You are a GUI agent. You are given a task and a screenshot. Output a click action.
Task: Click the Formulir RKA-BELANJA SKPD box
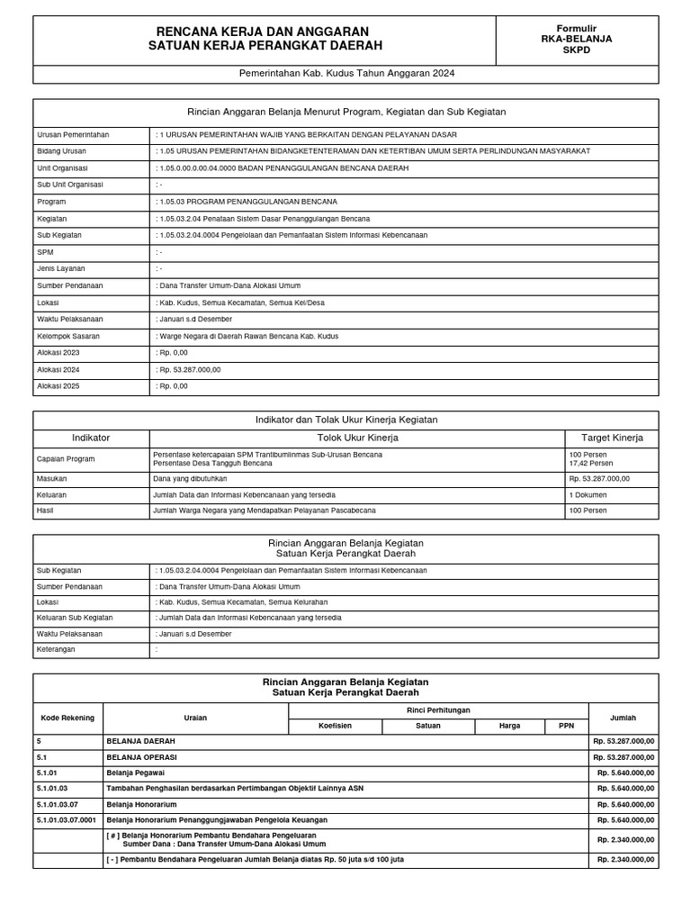tap(577, 40)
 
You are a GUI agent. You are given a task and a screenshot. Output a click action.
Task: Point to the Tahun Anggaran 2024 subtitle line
tap(345, 73)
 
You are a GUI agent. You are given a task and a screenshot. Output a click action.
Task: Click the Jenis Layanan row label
tap(59, 268)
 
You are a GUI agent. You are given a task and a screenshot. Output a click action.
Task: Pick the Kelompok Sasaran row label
tap(67, 336)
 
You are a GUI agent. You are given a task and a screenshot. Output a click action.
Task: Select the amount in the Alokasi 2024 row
tap(190, 369)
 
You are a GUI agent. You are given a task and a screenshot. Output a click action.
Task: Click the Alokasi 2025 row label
tap(58, 386)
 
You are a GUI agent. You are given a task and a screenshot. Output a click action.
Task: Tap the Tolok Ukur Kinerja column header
tap(357, 438)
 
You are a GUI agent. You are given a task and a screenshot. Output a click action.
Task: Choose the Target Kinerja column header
tap(612, 438)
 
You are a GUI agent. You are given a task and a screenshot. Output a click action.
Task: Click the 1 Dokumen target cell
tap(588, 494)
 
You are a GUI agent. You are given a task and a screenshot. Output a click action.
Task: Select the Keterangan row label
tap(56, 649)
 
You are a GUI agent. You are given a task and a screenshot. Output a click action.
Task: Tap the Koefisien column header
tap(333, 726)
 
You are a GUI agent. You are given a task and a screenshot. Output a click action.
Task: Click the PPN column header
tap(566, 726)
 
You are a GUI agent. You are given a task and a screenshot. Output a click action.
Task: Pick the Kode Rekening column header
tap(67, 718)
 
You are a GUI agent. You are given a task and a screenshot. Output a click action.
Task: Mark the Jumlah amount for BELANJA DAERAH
tap(624, 741)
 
